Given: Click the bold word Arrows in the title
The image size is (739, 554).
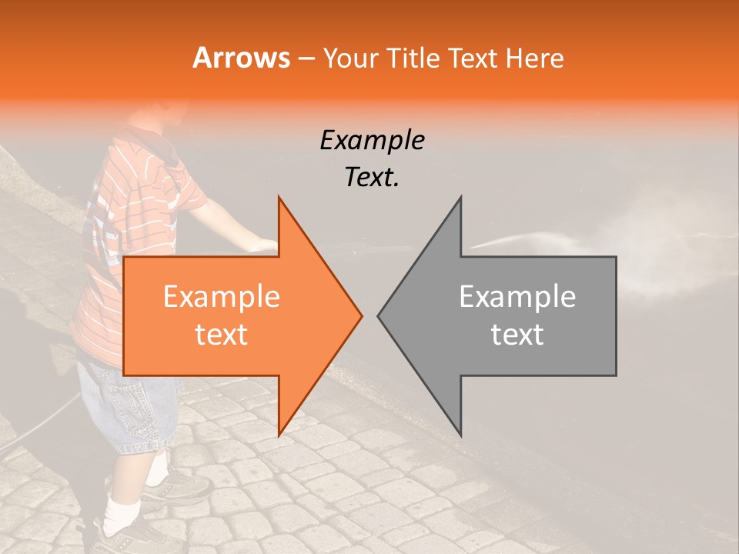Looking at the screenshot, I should point(241,58).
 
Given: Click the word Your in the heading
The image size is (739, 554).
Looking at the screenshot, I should point(351,58).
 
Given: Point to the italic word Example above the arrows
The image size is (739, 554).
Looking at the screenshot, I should point(372,140).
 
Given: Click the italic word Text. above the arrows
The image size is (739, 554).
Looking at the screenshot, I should point(372,177).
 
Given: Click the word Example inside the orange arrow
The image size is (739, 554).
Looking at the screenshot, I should point(221,297).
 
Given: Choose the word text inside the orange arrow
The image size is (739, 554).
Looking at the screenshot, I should point(221,334).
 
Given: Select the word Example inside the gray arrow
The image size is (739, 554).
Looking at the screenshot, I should point(517,297).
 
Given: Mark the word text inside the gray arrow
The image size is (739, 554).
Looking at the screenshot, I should point(517,334).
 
